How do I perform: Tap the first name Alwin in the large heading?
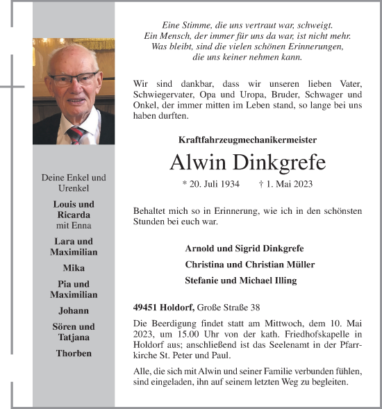click(x=198, y=162)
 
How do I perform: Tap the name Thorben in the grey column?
click(x=74, y=353)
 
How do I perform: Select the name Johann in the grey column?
click(x=74, y=310)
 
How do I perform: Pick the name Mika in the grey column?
click(x=74, y=267)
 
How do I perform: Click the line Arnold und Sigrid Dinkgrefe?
click(x=244, y=249)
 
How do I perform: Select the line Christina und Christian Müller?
click(x=249, y=265)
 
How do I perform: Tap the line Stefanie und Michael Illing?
click(x=240, y=281)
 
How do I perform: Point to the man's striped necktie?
click(x=76, y=133)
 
